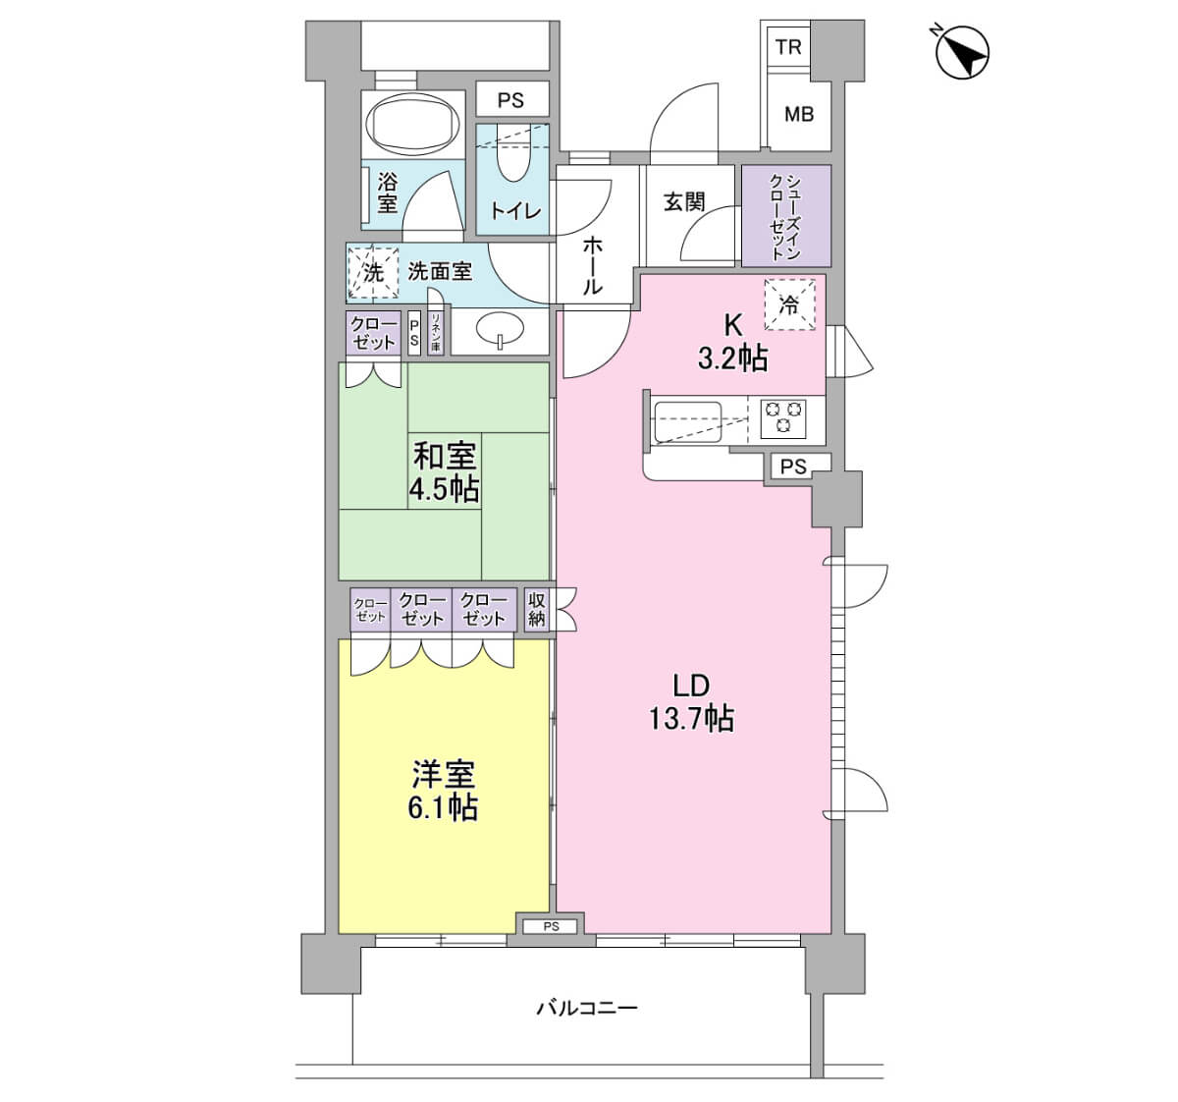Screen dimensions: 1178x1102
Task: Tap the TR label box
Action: point(788,47)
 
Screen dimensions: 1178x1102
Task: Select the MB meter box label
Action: point(799,113)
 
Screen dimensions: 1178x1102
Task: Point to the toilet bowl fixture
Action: point(513,152)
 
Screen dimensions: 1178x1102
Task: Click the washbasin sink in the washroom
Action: point(500,328)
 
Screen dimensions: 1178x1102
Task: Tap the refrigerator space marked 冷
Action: point(789,304)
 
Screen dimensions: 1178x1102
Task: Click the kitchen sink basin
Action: point(687,422)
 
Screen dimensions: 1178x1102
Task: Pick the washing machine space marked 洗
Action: point(372,272)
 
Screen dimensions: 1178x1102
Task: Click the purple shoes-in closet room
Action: point(786,216)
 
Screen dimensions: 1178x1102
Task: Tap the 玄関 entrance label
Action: point(684,202)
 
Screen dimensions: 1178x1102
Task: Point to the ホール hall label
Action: point(592,265)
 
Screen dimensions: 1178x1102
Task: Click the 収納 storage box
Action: point(536,609)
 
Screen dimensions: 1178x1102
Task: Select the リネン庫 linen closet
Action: point(436,333)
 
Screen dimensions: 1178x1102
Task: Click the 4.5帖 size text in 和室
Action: point(445,489)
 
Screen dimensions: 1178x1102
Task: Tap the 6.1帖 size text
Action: point(443,807)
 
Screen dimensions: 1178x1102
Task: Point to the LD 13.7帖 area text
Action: point(692,703)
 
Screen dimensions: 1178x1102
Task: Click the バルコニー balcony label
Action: point(587,1008)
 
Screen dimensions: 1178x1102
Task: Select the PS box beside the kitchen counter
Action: point(793,467)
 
